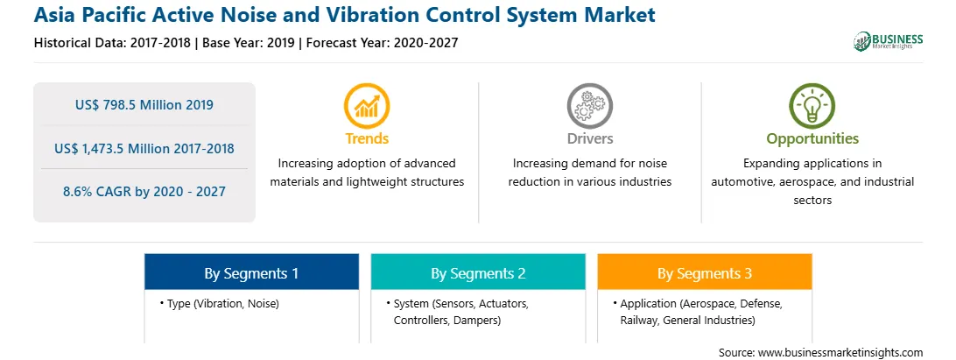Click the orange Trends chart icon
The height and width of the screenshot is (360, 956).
point(367,106)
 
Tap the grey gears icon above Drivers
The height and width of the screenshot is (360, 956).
point(589,106)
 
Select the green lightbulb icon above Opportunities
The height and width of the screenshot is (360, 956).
point(812,106)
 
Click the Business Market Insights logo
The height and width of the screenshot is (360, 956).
point(889,41)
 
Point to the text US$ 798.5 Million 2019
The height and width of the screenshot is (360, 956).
point(144,104)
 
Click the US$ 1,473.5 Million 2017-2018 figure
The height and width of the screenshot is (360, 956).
point(144,148)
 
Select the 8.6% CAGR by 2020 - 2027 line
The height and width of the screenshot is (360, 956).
point(144,192)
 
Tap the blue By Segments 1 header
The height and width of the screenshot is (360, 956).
point(252,273)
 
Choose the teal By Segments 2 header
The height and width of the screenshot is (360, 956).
point(478,273)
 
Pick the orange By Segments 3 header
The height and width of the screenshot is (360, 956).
point(705,273)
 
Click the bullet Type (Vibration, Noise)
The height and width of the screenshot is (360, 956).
point(220,303)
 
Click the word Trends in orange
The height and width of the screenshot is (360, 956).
point(367,138)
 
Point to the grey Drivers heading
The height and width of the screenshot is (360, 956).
point(590,138)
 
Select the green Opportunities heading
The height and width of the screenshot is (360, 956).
point(812,139)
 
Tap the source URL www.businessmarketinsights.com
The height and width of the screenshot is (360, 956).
point(840,352)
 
